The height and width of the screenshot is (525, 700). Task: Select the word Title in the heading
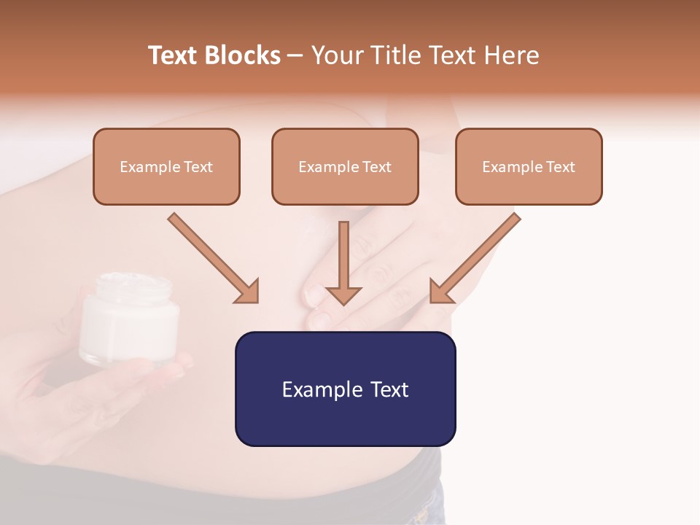399,55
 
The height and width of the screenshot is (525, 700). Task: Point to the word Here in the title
510,55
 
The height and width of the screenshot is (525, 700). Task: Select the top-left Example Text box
166,166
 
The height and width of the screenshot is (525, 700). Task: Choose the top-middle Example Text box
345,166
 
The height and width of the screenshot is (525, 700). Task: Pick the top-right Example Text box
529,166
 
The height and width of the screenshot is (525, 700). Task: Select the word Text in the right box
561,167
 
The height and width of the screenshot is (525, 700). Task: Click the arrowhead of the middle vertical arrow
343,295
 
